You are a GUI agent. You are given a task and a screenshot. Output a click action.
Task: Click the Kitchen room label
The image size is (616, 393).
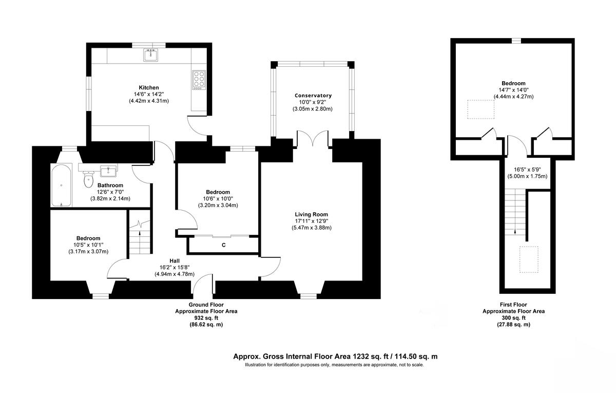(149, 87)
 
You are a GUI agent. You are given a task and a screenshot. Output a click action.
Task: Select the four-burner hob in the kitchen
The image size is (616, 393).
(199, 80)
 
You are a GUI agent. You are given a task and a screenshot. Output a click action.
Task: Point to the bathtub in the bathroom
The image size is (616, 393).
(61, 185)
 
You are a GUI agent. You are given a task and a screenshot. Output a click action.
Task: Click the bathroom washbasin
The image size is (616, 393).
(109, 170)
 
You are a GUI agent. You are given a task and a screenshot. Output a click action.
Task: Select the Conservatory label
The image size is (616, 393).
(313, 96)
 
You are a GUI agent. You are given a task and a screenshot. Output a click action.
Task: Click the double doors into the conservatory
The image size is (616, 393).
(313, 139)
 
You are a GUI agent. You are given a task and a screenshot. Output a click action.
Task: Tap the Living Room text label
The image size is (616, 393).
(311, 214)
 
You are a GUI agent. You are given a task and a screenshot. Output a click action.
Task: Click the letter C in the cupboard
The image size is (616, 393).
(223, 245)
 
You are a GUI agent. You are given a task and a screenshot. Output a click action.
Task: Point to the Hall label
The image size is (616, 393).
(175, 260)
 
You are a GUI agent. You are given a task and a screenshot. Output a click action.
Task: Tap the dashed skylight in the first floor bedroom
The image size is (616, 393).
(480, 108)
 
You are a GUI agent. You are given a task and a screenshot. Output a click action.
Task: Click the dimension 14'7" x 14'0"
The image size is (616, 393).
(513, 90)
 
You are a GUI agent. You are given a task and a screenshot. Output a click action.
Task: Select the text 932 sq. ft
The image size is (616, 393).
(206, 318)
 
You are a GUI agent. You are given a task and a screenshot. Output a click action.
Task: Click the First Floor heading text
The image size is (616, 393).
(513, 305)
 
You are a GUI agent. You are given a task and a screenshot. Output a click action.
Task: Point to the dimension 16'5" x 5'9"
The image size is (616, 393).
(528, 169)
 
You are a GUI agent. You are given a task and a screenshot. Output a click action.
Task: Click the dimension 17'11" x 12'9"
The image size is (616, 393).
(311, 221)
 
